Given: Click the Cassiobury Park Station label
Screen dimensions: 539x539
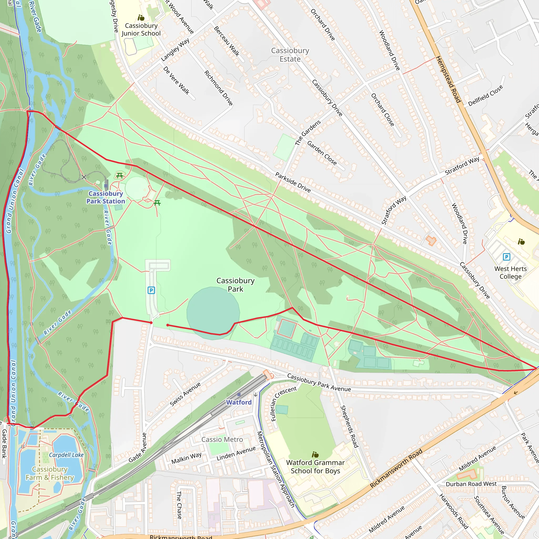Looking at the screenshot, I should tap(106, 197).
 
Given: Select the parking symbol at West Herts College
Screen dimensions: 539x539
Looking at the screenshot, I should tap(506, 257).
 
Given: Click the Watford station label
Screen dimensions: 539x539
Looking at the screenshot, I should tap(239, 402).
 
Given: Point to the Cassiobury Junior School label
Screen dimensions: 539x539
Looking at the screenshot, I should tap(141, 29).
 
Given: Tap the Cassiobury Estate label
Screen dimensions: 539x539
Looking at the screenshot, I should tap(290, 55).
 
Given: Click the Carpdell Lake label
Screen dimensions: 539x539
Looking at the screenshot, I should tap(66, 455).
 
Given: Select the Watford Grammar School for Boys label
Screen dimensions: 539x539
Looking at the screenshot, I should tap(315, 466).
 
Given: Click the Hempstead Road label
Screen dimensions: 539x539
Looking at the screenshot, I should tap(447, 79).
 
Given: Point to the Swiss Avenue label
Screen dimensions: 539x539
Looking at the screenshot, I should tap(185, 394).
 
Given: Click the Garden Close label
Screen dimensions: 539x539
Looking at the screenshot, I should tap(322, 153).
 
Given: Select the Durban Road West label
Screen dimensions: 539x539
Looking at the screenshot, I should tap(471, 484).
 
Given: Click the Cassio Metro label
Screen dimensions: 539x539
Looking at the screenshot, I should tap(222, 440).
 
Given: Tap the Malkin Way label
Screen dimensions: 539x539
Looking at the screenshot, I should tap(186, 458).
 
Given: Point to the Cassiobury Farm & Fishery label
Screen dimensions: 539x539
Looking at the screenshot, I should tap(50, 473).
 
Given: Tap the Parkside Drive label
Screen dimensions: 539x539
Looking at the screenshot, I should tap(293, 182).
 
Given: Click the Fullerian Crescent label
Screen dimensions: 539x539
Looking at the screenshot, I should tap(284, 403).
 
